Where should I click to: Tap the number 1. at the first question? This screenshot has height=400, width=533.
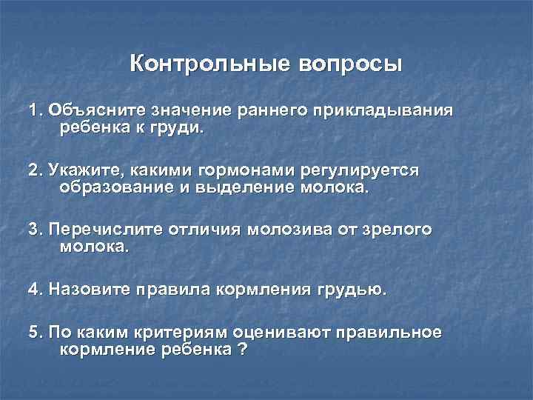coord(36,111)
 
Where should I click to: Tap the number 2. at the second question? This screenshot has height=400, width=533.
coord(36,170)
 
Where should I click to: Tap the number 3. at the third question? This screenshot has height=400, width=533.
coord(36,230)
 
